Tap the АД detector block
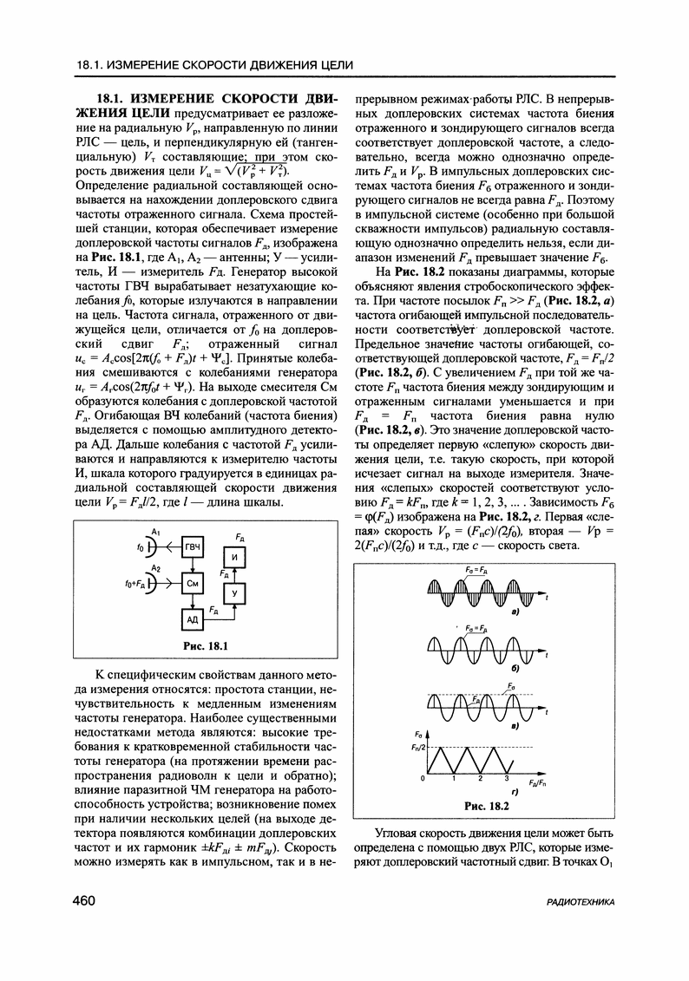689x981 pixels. pyautogui.click(x=194, y=619)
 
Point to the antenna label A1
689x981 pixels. pyautogui.click(x=155, y=530)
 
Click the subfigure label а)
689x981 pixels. pyautogui.click(x=515, y=612)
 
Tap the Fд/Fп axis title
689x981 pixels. pyautogui.click(x=535, y=782)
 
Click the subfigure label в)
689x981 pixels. pyautogui.click(x=515, y=725)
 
